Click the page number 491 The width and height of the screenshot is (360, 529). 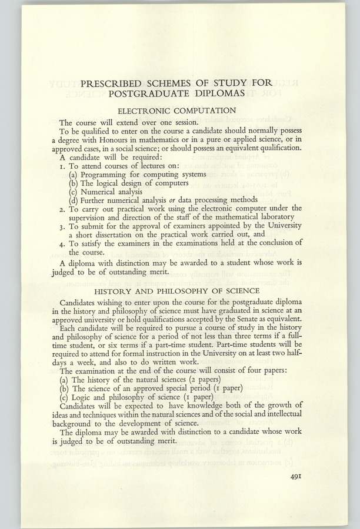click(x=295, y=477)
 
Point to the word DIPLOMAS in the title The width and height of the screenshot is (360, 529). click(x=212, y=93)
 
